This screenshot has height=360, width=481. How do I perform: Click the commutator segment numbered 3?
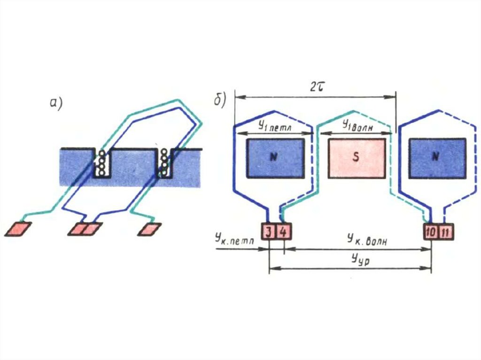pyautogui.click(x=267, y=232)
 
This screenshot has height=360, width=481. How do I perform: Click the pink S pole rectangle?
pyautogui.click(x=357, y=158)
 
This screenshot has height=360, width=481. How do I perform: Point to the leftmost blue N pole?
pyautogui.click(x=275, y=158)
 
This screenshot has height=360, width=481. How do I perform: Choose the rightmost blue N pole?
pyautogui.click(x=437, y=158)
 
